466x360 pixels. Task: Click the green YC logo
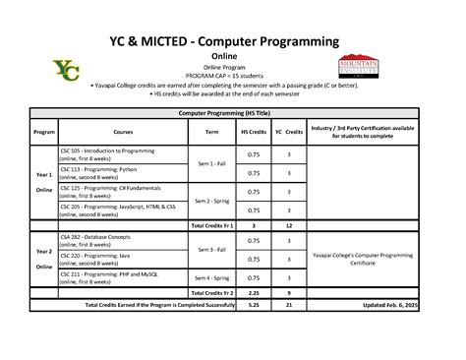(67, 71)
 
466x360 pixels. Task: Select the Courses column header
(122, 131)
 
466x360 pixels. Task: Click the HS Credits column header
(253, 131)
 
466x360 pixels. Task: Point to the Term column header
(211, 131)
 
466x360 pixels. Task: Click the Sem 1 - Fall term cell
(211, 163)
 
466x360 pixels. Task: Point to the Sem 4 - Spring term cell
(211, 277)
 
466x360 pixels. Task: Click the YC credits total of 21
(288, 305)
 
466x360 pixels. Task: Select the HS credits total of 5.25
(253, 305)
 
